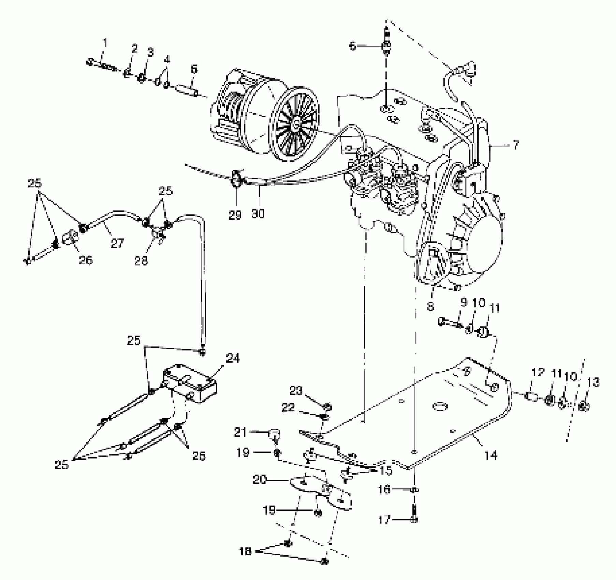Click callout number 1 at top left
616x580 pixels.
pyautogui.click(x=105, y=43)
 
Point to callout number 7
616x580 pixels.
pyautogui.click(x=516, y=145)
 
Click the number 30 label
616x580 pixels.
pyautogui.click(x=258, y=214)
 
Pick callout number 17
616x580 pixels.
pyautogui.click(x=385, y=521)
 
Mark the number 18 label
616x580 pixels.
pyautogui.click(x=245, y=551)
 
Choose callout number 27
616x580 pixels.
pyautogui.click(x=117, y=244)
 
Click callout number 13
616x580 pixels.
pyautogui.click(x=593, y=382)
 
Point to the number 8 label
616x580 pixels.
pyautogui.click(x=431, y=307)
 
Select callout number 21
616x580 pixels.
pyautogui.click(x=240, y=433)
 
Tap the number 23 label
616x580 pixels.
pyautogui.click(x=296, y=390)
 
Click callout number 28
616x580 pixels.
pyautogui.click(x=142, y=261)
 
